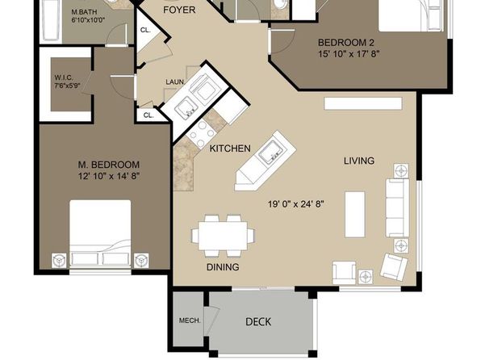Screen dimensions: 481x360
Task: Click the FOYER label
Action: (179, 10)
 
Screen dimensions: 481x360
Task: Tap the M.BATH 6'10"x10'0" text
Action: (88, 16)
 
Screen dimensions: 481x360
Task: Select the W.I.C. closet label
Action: (67, 82)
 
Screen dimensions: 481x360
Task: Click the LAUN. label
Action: (175, 82)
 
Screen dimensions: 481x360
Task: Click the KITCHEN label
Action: (230, 149)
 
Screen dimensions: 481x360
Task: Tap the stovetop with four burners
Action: (201, 134)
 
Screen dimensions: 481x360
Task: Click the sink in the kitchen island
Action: (270, 153)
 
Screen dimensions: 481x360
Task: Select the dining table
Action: (223, 236)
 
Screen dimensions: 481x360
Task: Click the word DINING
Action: (223, 267)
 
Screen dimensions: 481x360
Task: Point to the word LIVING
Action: (359, 161)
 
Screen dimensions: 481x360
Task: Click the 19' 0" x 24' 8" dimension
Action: (296, 204)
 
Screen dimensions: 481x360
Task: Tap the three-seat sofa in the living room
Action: (397, 207)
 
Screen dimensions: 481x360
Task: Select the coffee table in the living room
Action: (355, 215)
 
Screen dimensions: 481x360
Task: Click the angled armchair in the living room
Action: (394, 266)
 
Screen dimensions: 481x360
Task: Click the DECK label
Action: (258, 321)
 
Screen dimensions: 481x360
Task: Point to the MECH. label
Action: (190, 320)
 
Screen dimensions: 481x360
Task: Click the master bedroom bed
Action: (100, 232)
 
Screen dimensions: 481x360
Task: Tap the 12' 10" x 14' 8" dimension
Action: (109, 177)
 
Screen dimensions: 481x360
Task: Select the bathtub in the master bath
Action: (51, 19)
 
